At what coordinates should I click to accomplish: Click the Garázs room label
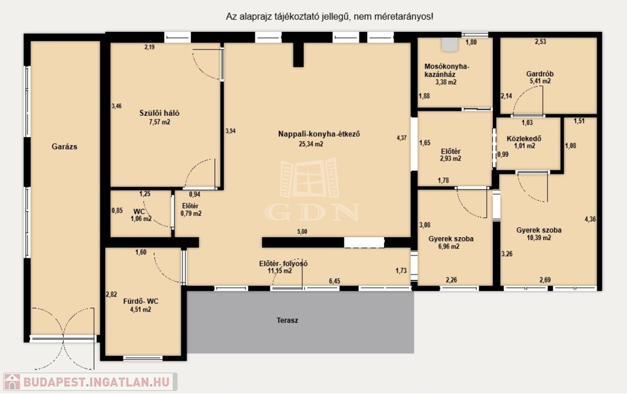click(64, 146)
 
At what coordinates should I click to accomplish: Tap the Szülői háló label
click(159, 113)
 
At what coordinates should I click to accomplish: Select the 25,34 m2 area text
click(310, 144)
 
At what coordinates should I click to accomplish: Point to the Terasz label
click(287, 320)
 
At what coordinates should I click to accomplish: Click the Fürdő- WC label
click(141, 301)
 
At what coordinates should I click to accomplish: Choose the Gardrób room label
click(540, 74)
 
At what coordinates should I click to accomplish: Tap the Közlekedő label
click(524, 139)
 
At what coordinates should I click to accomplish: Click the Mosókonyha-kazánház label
click(446, 70)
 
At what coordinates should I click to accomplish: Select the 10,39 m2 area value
click(539, 238)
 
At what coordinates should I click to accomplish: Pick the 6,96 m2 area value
click(449, 246)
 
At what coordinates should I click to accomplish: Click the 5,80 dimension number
click(302, 232)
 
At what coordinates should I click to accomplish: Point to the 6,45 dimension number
click(335, 281)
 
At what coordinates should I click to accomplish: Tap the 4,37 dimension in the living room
click(402, 138)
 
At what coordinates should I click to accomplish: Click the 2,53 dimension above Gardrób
click(541, 42)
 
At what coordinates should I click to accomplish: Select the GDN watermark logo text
click(312, 213)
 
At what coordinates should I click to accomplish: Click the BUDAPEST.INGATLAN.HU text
click(96, 382)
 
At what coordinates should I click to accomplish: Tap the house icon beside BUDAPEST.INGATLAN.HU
click(12, 382)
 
